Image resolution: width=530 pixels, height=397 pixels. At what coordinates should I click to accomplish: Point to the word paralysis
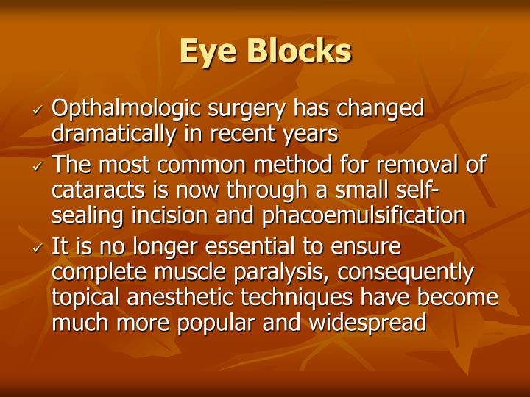coord(286,272)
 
